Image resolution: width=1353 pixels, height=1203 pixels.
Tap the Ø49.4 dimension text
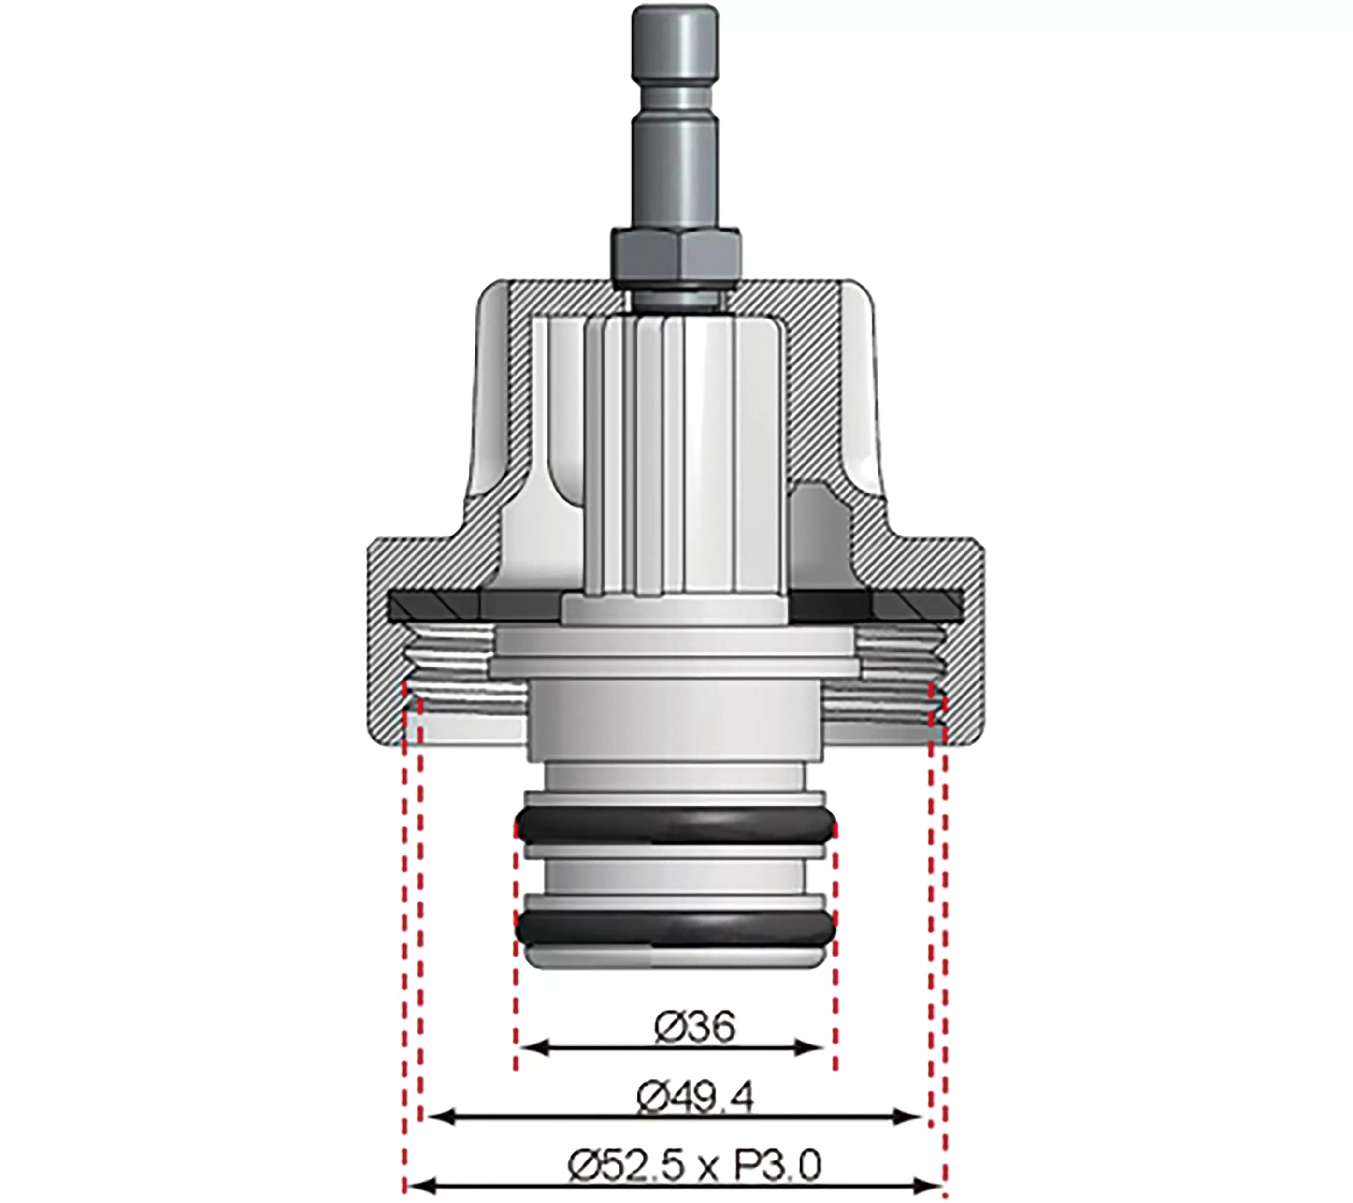point(694,1100)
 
